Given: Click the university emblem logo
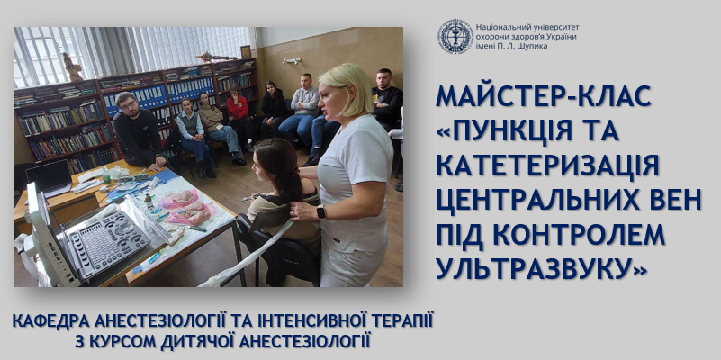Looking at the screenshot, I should (x=455, y=36).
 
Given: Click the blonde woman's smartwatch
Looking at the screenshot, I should (x=320, y=211).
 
